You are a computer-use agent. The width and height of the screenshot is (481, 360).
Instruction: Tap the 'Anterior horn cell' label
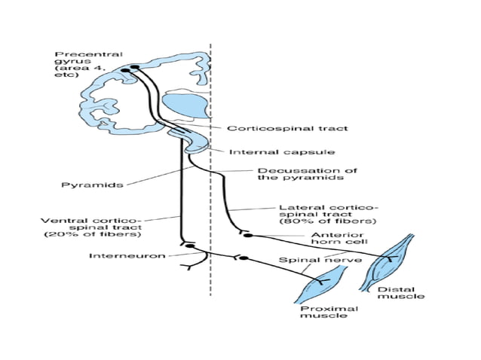click(x=341, y=239)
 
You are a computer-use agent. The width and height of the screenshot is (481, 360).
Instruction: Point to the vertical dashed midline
click(x=210, y=301)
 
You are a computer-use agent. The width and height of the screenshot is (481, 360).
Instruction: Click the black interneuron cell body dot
click(x=190, y=246)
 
